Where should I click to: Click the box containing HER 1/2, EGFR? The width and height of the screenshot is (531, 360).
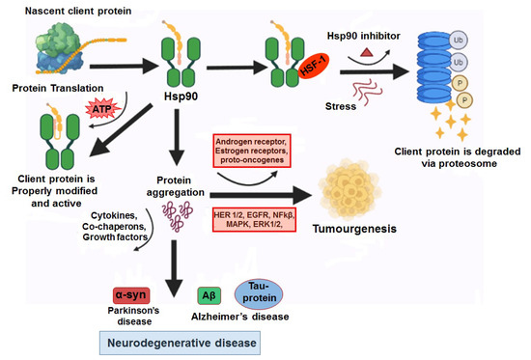pos(255,211)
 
